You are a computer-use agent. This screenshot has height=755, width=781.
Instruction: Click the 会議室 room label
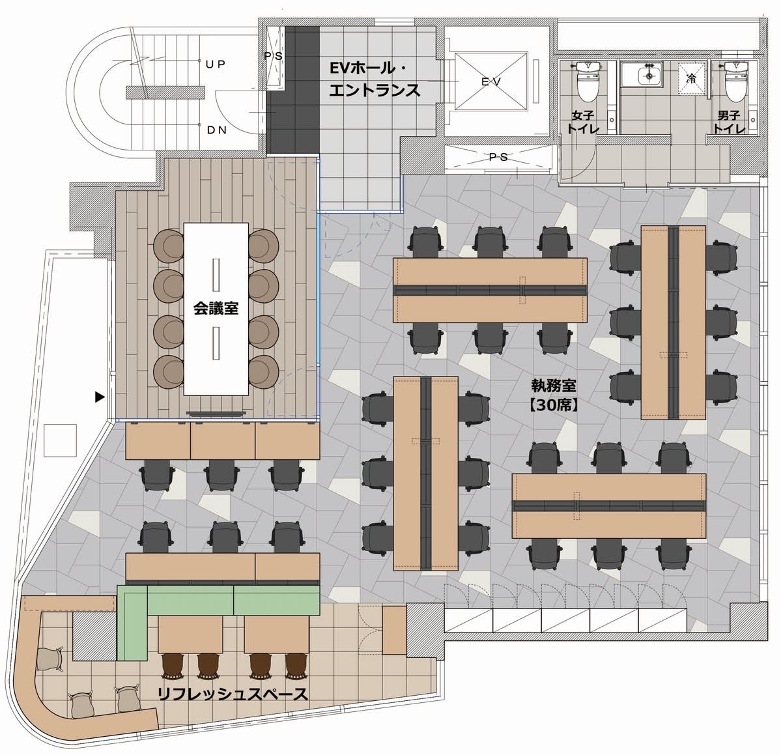point(216,308)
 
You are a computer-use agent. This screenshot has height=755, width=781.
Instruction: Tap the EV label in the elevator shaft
point(491,81)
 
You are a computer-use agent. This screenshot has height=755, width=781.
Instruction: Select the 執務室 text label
point(554,386)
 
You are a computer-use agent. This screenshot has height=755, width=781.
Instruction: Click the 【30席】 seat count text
point(553,405)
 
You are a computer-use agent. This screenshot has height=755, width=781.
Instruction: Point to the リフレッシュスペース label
point(233,694)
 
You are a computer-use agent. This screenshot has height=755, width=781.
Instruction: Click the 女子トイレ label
point(582,122)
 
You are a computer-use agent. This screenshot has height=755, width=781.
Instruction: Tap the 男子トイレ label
point(729,122)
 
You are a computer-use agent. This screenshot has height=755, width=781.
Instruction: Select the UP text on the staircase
point(215,64)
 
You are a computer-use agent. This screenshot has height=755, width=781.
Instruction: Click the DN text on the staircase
point(216,130)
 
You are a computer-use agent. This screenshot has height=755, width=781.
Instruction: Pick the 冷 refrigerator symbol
point(691,78)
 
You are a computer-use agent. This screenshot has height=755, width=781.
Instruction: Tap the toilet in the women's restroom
point(589,81)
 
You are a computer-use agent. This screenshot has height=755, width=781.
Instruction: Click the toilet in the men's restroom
point(737,81)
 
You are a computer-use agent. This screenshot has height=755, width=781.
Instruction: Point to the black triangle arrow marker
point(100,397)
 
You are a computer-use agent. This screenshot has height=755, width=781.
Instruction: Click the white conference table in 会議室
point(216,309)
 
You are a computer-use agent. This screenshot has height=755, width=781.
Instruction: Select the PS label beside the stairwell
point(274,56)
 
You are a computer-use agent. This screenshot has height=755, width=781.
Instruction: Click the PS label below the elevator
point(498,158)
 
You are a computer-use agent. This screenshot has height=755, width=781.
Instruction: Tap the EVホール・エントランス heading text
point(375,79)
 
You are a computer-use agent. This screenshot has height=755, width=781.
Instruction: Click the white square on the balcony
point(61,440)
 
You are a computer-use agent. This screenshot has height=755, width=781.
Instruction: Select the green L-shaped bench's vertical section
point(132,623)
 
